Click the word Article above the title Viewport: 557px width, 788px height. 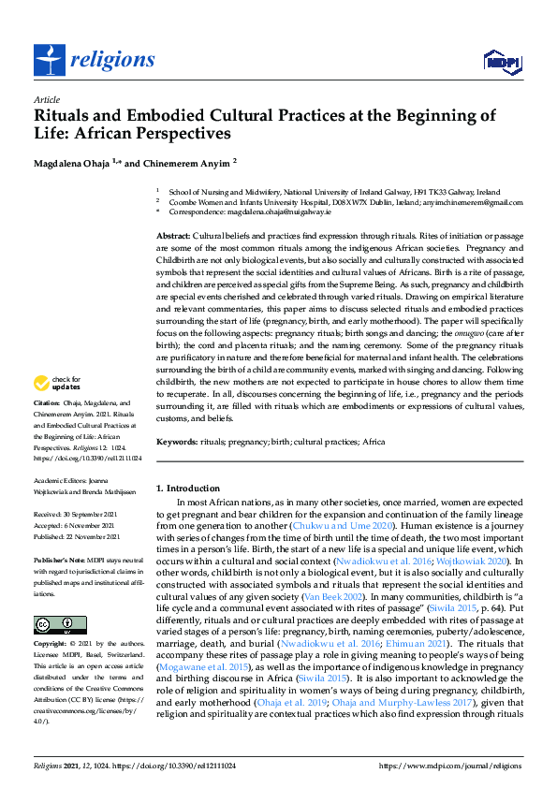46,99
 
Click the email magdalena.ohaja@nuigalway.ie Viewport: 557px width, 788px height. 262,212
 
